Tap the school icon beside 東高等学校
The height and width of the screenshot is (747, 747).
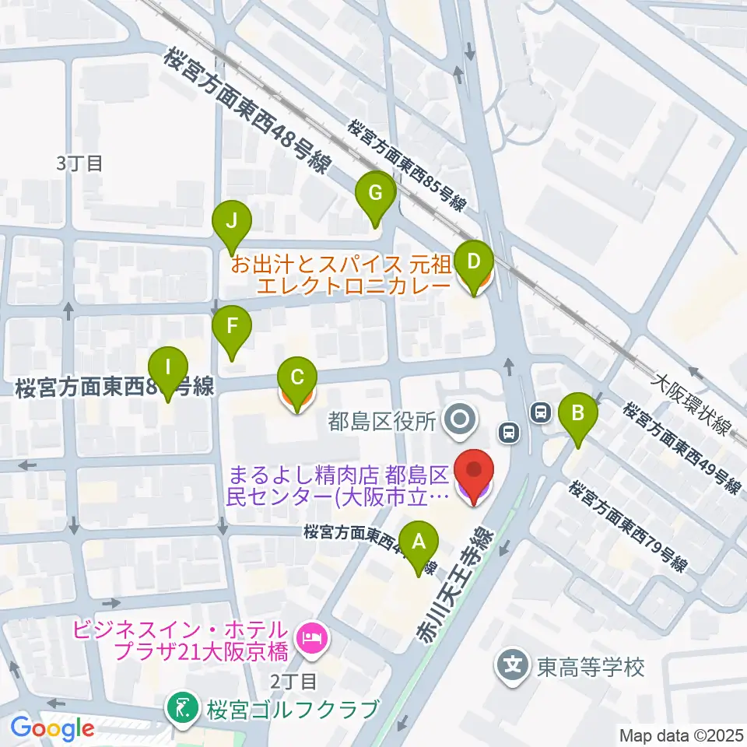tap(514, 666)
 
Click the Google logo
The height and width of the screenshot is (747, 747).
tap(51, 729)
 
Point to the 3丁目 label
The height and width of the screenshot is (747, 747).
tap(79, 163)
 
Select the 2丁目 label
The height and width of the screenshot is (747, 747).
tap(293, 682)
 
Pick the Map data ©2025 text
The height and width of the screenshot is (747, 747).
tap(682, 735)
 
